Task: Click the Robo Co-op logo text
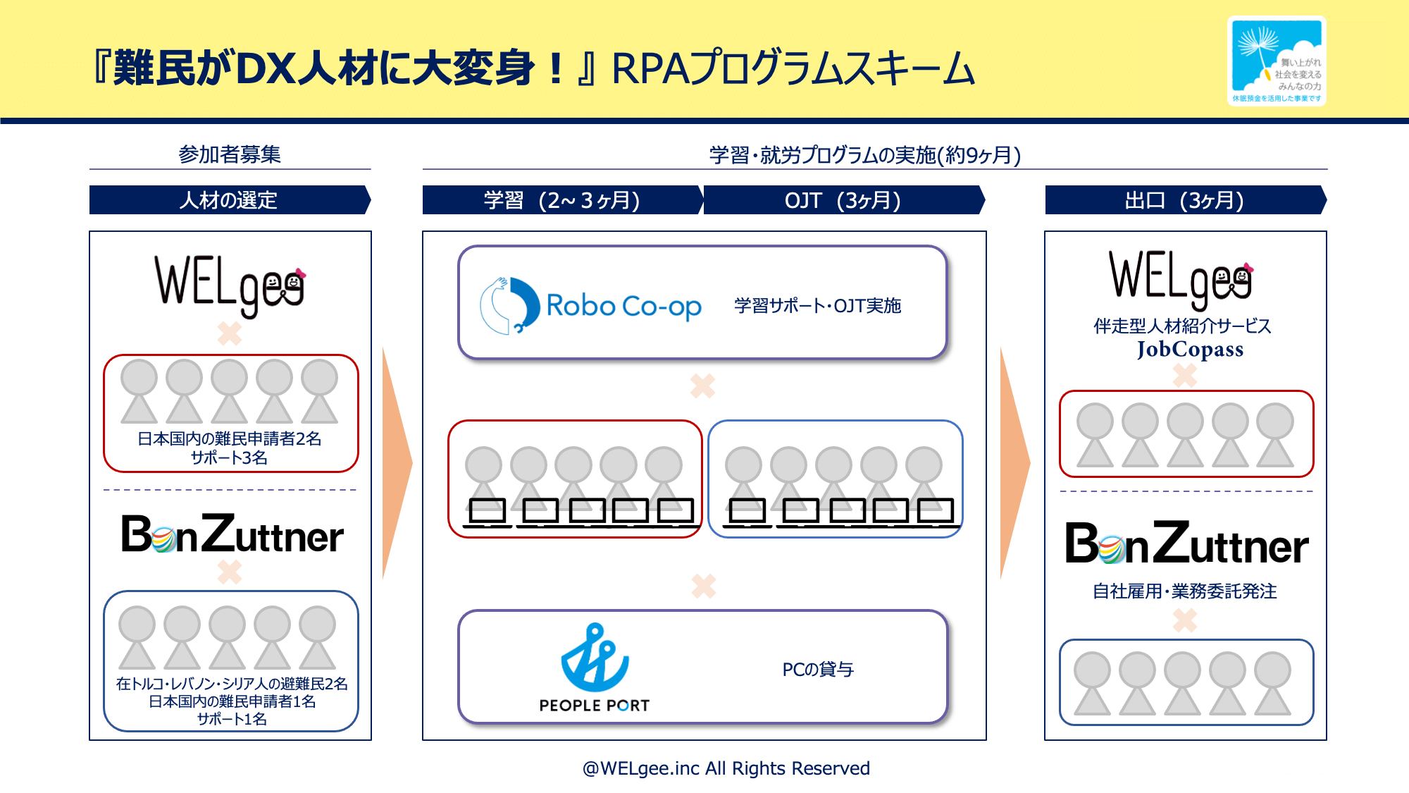623,306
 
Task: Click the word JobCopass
1189,349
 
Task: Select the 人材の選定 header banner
229,200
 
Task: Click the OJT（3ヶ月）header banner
843,200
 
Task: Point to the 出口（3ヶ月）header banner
1184,200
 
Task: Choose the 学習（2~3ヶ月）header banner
561,200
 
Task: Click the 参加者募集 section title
230,154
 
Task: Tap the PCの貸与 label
817,669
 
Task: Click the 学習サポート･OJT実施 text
817,306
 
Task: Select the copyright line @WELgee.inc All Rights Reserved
726,768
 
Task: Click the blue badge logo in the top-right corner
1276,61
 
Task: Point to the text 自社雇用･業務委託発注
1184,591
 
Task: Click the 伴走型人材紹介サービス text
1182,326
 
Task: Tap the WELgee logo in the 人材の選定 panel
230,285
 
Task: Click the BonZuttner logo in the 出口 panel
1186,544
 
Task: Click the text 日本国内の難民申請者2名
230,438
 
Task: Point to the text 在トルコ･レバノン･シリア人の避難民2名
231,684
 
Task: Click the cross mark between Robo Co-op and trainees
702,386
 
